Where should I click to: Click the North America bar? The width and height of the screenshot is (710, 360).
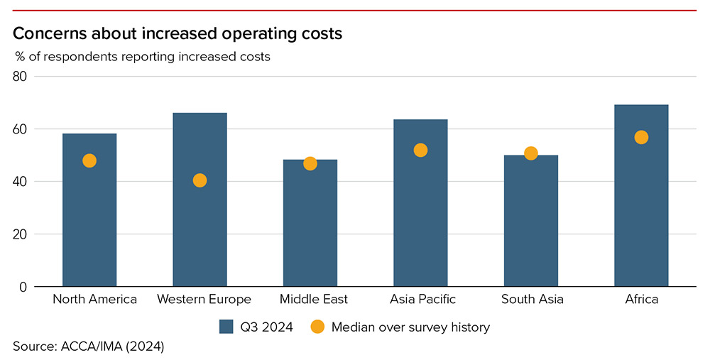(x=89, y=213)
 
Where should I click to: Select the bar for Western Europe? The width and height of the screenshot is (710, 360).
(x=200, y=227)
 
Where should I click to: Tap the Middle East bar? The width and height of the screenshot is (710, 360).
(x=310, y=227)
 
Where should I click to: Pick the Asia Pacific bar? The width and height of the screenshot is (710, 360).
(x=420, y=213)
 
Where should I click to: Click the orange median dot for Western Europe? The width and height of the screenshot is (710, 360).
(x=200, y=180)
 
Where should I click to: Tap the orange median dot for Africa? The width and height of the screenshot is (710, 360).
(x=641, y=137)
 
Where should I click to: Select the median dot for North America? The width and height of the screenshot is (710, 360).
(x=89, y=160)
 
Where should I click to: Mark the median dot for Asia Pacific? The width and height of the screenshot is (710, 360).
(x=420, y=150)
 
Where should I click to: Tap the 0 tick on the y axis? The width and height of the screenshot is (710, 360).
(x=23, y=287)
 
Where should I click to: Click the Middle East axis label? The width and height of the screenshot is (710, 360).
(x=310, y=300)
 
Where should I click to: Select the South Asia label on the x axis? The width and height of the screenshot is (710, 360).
(x=532, y=300)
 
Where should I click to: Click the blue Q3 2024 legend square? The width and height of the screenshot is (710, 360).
(x=226, y=327)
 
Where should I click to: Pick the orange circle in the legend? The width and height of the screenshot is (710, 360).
(x=317, y=327)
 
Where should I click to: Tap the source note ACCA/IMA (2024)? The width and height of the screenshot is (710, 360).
(x=88, y=347)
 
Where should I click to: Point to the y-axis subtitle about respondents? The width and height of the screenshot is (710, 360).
(x=143, y=57)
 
